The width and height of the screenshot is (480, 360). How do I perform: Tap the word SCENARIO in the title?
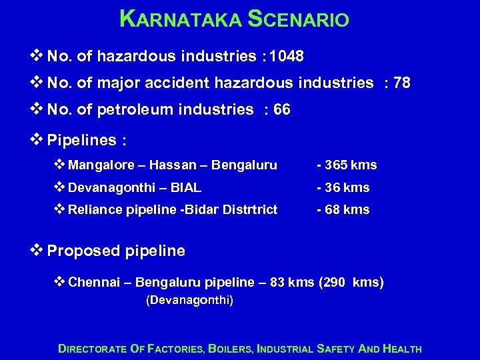coord(298,19)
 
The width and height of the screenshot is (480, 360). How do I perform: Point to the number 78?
coord(402,83)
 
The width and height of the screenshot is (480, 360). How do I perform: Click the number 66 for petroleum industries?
coord(282,109)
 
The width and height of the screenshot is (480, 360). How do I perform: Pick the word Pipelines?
coord(81,140)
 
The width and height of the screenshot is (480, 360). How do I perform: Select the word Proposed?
coord(83,251)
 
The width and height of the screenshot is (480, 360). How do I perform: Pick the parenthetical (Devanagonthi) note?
coord(189,301)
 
